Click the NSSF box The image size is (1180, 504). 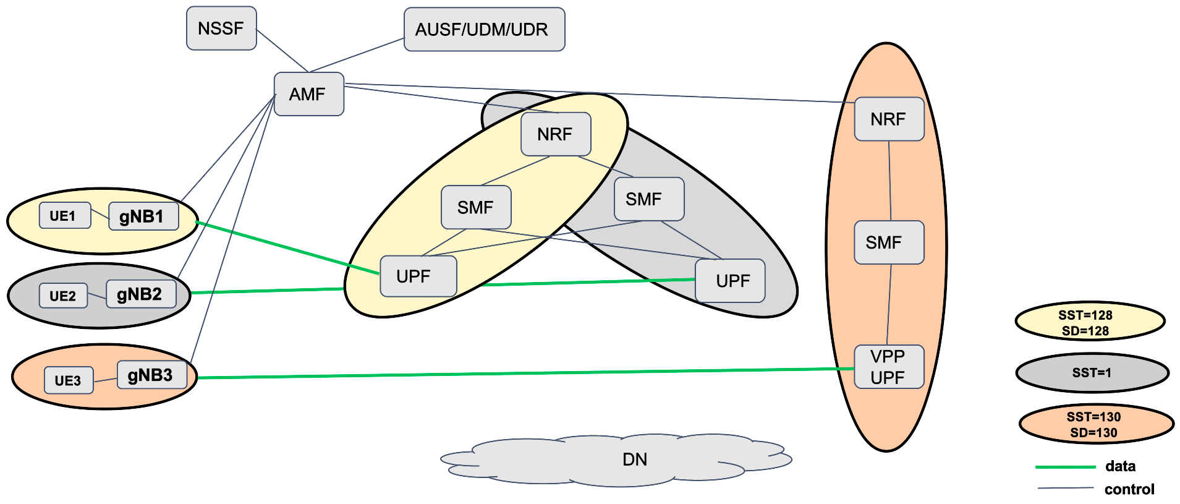[221, 28]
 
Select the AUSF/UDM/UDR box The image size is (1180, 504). [484, 30]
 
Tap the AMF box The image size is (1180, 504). [308, 94]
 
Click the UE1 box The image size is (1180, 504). [65, 216]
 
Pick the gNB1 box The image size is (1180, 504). [143, 216]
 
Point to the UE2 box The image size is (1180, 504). [63, 296]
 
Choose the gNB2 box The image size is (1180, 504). [141, 294]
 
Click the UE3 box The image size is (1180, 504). [69, 380]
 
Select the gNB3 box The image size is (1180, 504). [151, 375]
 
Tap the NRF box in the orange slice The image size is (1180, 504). [889, 119]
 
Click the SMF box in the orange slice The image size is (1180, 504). [889, 242]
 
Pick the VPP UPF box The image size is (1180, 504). [889, 367]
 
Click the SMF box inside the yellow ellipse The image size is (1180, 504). [476, 207]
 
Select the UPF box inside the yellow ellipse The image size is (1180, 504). [418, 276]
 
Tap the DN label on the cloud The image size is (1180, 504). [635, 459]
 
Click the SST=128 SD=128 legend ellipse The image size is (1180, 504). [1090, 322]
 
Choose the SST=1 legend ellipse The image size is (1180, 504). [1092, 373]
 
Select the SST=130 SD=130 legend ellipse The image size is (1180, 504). [1096, 424]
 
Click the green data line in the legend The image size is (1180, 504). [1065, 467]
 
